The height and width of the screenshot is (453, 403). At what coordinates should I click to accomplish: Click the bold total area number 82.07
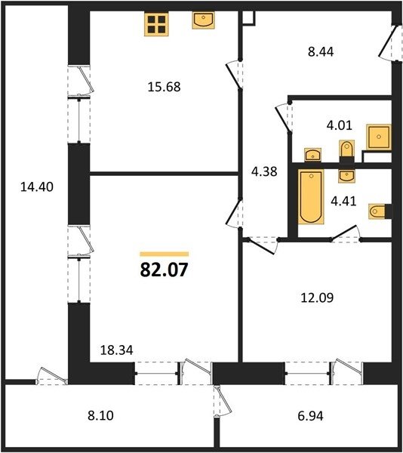point(164,270)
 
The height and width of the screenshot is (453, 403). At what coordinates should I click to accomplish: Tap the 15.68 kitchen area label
point(164,87)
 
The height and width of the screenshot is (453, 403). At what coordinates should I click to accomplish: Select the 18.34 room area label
point(117,350)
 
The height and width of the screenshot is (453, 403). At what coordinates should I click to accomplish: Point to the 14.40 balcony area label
point(37,187)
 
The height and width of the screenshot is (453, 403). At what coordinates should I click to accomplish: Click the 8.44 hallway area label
point(321,52)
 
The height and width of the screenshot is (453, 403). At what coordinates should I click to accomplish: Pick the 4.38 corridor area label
point(264,171)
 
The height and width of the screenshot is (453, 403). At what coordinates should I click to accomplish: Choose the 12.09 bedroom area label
point(317,297)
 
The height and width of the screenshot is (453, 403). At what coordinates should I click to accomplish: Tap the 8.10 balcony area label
point(101,415)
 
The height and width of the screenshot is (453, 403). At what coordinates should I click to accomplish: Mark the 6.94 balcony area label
point(310,416)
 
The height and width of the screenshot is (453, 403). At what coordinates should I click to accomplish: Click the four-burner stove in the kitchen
point(156,24)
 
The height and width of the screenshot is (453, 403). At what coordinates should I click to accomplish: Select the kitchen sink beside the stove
point(204,20)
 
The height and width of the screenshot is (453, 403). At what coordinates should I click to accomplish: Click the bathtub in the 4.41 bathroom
point(311,197)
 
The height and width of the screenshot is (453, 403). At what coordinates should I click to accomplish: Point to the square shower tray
point(379,137)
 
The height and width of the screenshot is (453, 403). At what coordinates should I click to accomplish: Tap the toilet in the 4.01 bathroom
point(346,152)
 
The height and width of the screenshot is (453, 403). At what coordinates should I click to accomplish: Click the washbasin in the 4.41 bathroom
point(346,176)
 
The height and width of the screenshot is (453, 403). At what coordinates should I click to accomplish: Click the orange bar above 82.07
point(165,254)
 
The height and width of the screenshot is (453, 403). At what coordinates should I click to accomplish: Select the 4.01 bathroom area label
point(339,125)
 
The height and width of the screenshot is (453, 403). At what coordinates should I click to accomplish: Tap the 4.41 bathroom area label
point(343,201)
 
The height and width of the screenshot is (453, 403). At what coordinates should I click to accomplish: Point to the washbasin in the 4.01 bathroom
point(313,155)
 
